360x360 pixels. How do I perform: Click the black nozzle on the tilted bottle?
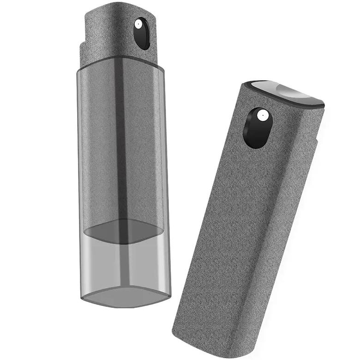(257, 128)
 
